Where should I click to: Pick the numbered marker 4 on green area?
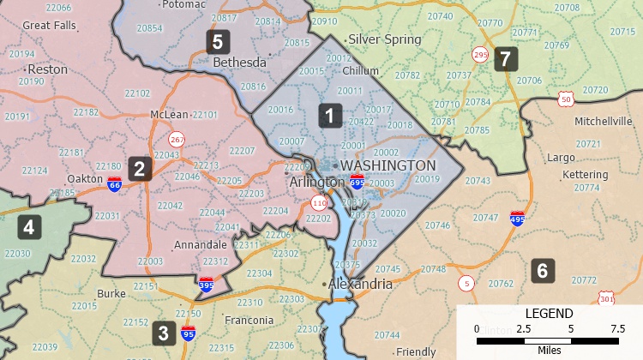(29, 227)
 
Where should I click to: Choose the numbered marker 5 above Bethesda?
(218, 41)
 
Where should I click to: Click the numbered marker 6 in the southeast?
(542, 271)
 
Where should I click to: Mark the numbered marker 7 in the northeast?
(506, 59)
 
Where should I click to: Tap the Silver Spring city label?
(384, 39)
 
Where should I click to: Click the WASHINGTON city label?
(388, 165)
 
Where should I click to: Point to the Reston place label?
(47, 69)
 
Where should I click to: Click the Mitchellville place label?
(603, 121)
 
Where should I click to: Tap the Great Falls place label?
(50, 26)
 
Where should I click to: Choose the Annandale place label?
(200, 245)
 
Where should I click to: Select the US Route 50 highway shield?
(565, 99)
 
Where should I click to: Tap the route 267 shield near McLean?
(177, 139)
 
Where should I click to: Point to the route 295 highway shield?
(480, 56)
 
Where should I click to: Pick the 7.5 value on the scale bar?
(616, 329)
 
